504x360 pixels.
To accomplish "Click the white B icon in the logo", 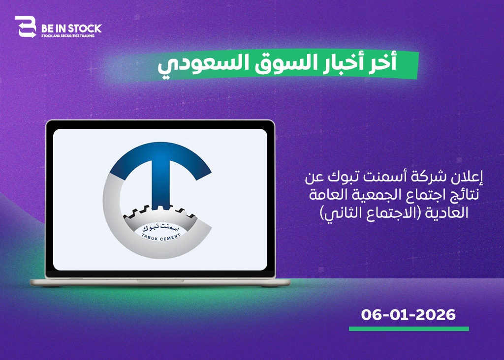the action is [26, 27].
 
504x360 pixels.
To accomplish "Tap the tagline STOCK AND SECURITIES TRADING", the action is [68, 36].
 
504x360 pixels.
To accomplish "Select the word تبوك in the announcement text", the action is [341, 177].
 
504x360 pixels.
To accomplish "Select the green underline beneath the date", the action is [409, 329].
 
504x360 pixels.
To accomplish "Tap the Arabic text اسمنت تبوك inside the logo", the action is [161, 228].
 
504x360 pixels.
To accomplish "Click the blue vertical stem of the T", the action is [161, 184].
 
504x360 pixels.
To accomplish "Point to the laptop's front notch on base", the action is [160, 281].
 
